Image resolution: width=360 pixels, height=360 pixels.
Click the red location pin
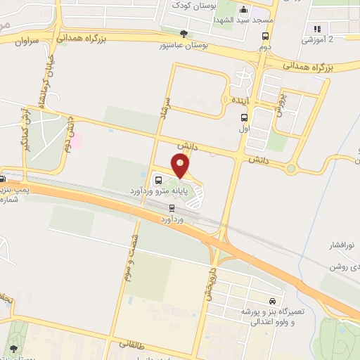point(181,166)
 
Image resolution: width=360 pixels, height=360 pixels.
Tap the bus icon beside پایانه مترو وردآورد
point(158,180)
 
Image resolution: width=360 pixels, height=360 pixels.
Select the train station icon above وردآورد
point(172,207)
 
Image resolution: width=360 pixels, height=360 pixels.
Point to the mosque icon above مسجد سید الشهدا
point(243,11)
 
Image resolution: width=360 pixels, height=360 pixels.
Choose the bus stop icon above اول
point(244,118)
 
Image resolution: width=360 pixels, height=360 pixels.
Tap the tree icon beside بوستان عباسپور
point(184,34)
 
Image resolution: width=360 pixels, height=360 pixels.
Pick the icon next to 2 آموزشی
point(318,29)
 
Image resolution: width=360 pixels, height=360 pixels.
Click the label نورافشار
point(344,245)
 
